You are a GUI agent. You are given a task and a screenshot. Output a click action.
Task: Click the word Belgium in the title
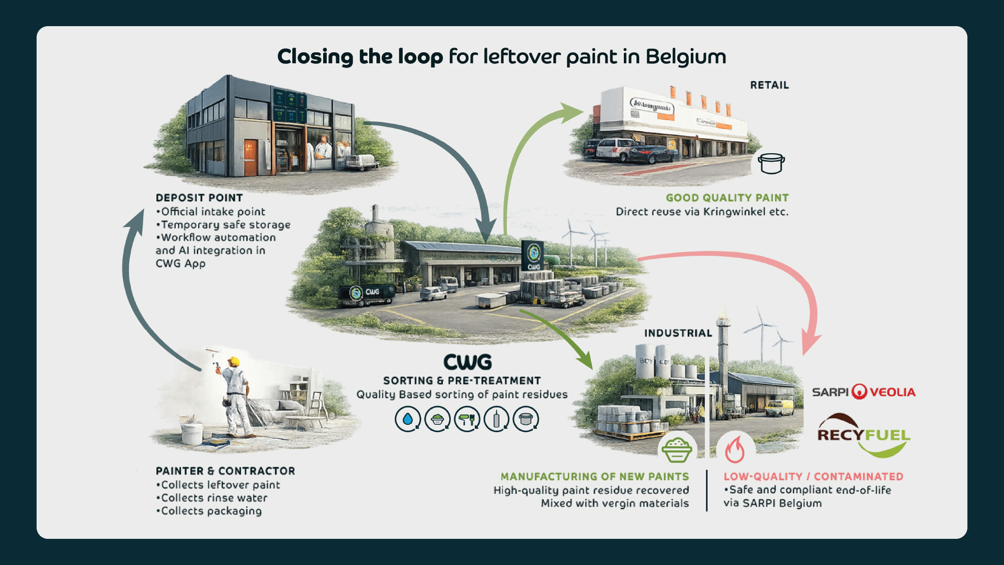(686, 56)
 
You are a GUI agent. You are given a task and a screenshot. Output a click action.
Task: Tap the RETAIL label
(769, 85)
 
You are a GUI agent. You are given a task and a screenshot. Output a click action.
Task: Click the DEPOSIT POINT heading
(199, 198)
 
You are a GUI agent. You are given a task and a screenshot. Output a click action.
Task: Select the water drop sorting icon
(408, 419)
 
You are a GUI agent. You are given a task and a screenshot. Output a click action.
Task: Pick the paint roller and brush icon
(467, 419)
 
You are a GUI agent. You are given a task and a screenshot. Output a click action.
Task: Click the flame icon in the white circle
(735, 449)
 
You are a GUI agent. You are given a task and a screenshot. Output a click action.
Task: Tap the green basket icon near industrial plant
(677, 449)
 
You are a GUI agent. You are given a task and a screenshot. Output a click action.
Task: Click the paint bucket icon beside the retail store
(771, 163)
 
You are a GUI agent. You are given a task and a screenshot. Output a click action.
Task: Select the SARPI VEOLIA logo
(863, 392)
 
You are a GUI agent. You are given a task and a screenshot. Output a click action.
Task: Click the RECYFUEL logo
(863, 435)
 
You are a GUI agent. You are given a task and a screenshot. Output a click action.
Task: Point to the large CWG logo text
(467, 362)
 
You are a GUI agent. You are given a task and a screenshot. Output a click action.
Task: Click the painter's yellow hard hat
(234, 361)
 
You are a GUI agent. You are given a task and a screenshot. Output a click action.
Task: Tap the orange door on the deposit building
(251, 157)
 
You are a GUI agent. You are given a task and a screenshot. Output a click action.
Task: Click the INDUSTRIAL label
(678, 333)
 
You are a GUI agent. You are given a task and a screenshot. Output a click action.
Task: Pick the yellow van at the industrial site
(780, 408)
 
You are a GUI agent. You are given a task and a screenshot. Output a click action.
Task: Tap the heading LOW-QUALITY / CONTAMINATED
(813, 477)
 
